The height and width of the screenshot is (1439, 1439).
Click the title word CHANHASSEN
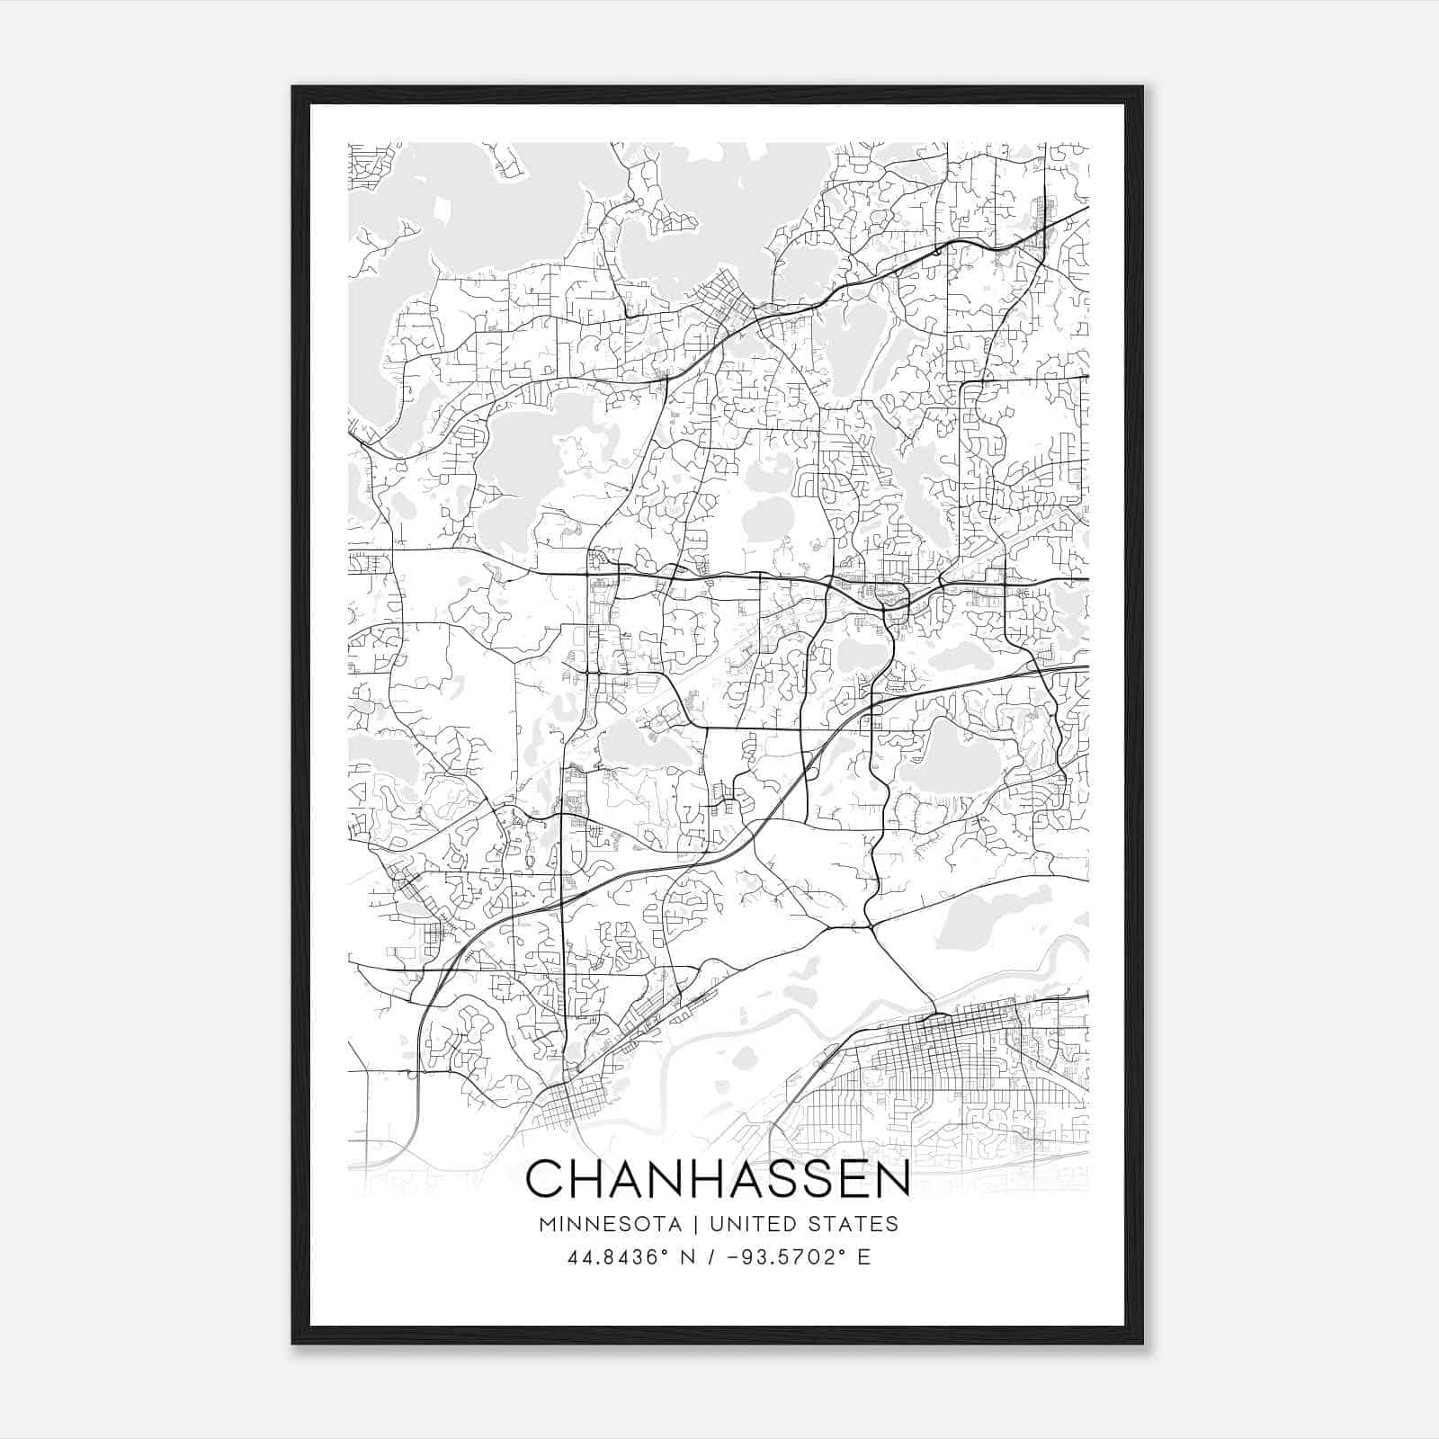718,1178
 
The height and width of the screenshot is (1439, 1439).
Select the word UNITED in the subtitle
754,1224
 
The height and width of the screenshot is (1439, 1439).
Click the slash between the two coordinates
711,1257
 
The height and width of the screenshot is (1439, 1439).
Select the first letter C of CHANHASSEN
545,1178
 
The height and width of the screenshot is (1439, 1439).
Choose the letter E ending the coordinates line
864,1257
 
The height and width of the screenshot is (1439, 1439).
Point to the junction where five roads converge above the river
869,925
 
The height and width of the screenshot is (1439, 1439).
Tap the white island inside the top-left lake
442,210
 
